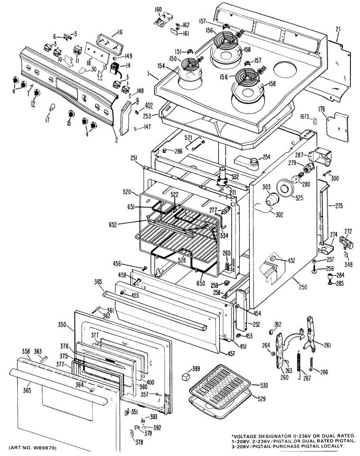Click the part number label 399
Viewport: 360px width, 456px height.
point(196,369)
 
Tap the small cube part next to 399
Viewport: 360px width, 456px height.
point(186,376)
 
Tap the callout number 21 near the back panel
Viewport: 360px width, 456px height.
point(338,28)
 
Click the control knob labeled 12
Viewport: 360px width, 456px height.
point(36,93)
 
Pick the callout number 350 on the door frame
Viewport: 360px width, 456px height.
point(62,325)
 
